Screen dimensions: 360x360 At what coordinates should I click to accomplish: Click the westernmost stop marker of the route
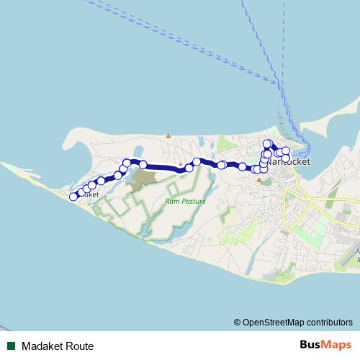(73, 197)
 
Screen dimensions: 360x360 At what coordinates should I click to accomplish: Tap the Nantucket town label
(290, 163)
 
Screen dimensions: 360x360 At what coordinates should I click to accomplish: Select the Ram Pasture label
(185, 202)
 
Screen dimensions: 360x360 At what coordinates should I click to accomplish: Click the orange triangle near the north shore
(168, 135)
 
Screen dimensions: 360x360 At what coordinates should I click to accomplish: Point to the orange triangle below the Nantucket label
(258, 180)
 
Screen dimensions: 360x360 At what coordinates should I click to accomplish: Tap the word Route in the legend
(79, 346)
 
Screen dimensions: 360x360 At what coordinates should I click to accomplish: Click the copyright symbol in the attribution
(238, 322)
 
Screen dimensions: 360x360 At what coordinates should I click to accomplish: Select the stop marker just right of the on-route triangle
(189, 168)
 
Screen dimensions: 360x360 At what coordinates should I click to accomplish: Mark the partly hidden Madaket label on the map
(88, 195)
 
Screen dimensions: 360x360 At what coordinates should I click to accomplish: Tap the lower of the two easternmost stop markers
(286, 158)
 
